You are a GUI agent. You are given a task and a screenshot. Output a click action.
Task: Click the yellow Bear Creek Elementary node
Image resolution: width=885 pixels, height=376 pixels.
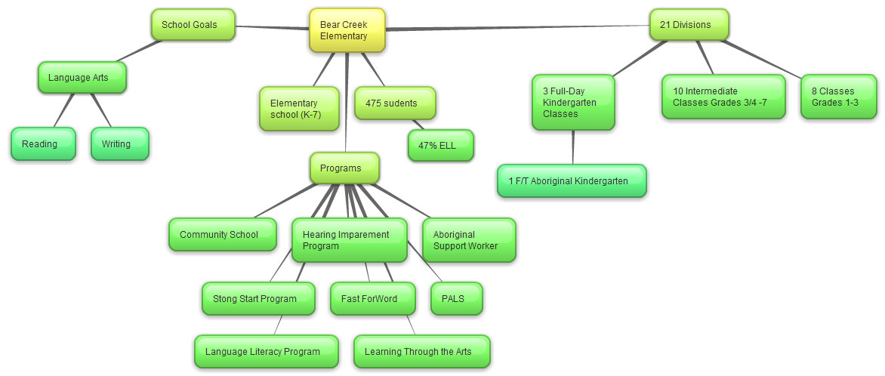[347, 30]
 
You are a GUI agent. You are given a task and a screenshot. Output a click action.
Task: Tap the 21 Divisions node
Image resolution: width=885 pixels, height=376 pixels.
[689, 25]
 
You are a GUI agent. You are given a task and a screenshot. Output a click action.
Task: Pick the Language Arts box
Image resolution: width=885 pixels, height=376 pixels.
[82, 78]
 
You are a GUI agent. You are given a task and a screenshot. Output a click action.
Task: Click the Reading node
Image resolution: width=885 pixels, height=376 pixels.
[43, 144]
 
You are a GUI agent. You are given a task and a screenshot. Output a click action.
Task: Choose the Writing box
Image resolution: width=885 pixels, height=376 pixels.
[119, 144]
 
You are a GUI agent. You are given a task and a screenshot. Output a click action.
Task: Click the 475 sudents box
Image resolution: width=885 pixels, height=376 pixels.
[395, 103]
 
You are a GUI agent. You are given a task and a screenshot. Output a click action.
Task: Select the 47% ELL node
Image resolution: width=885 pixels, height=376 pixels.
[441, 146]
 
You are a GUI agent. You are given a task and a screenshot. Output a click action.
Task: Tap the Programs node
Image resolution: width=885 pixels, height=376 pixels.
[344, 168]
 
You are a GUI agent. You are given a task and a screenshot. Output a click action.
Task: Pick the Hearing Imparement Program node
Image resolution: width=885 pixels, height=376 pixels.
[349, 240]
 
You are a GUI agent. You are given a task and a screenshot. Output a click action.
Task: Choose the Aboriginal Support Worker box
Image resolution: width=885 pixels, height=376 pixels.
[469, 240]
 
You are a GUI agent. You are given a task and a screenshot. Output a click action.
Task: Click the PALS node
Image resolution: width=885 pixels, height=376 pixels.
[456, 299]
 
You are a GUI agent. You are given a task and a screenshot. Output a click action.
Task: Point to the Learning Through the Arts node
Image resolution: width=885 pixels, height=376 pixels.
[421, 352]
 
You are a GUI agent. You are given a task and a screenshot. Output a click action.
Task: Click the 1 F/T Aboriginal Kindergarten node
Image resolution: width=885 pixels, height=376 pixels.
[572, 181]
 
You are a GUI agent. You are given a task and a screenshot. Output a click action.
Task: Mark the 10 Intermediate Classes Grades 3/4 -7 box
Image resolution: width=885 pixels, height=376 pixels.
[723, 97]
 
